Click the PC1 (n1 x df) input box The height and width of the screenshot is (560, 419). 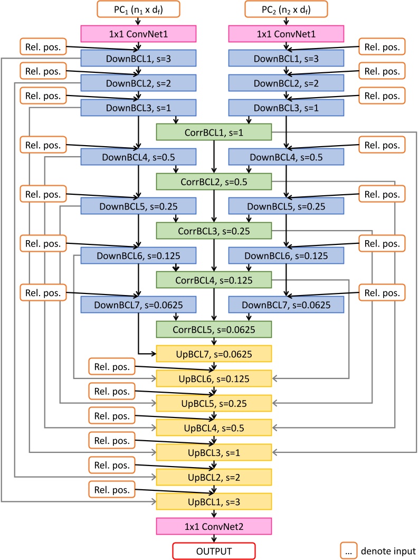click(138, 8)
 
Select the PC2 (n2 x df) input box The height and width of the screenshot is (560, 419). click(286, 8)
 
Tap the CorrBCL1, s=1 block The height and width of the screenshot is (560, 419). click(214, 131)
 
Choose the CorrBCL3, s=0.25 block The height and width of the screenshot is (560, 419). click(214, 231)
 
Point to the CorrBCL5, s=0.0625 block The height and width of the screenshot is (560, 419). click(214, 329)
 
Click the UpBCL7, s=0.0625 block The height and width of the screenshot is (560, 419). click(214, 353)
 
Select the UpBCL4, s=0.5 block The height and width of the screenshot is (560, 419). click(214, 427)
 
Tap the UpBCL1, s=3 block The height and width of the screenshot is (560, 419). click(214, 500)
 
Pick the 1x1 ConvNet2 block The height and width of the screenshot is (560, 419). click(214, 526)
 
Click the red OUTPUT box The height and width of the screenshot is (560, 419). click(214, 550)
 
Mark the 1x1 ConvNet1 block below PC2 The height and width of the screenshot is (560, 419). click(286, 34)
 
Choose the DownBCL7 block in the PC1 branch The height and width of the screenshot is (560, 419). click(138, 304)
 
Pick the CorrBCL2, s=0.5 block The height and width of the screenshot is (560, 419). click(214, 181)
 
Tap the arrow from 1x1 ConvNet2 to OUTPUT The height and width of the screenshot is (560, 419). click(214, 538)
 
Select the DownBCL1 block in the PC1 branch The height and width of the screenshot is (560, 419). click(138, 58)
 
